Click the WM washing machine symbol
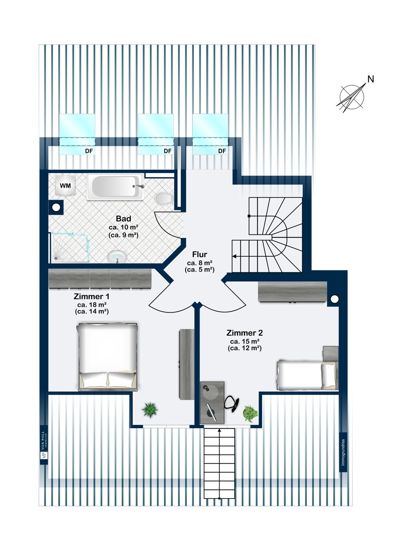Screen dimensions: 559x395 (65, 186)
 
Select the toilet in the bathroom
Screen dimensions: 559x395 (163, 199)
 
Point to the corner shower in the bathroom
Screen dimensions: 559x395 (70, 247)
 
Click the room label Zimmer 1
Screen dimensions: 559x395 (92, 297)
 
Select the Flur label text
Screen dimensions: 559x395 (200, 255)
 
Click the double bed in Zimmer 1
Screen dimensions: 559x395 (108, 357)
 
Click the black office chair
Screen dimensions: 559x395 (232, 404)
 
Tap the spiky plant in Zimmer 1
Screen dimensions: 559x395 (150, 410)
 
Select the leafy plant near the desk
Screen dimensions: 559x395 (250, 413)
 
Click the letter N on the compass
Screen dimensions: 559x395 (370, 79)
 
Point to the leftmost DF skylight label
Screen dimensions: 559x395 (89, 151)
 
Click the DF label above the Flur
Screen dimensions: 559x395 (222, 151)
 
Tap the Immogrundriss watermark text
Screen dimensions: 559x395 (343, 452)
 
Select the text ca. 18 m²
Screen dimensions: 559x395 (92, 304)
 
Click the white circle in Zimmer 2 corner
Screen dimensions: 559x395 (335, 299)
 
